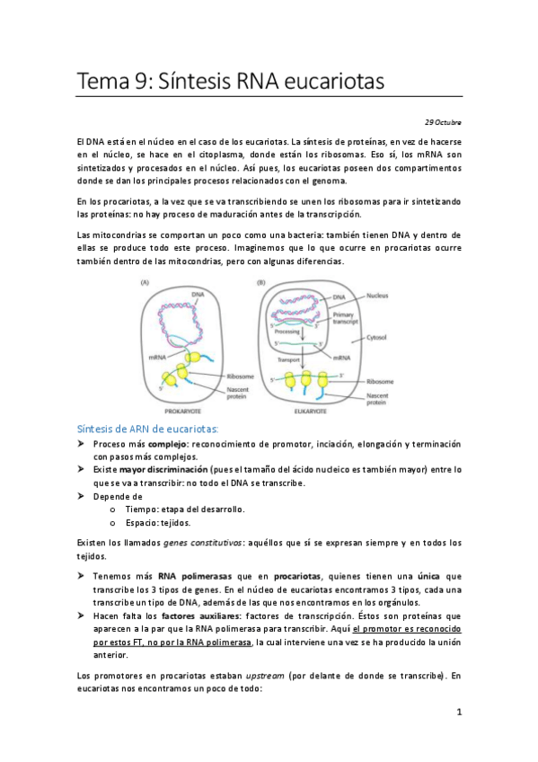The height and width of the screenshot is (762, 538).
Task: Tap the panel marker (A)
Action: [146, 281]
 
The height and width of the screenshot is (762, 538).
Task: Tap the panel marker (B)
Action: [261, 281]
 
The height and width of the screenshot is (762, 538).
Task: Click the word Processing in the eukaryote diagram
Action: [286, 332]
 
